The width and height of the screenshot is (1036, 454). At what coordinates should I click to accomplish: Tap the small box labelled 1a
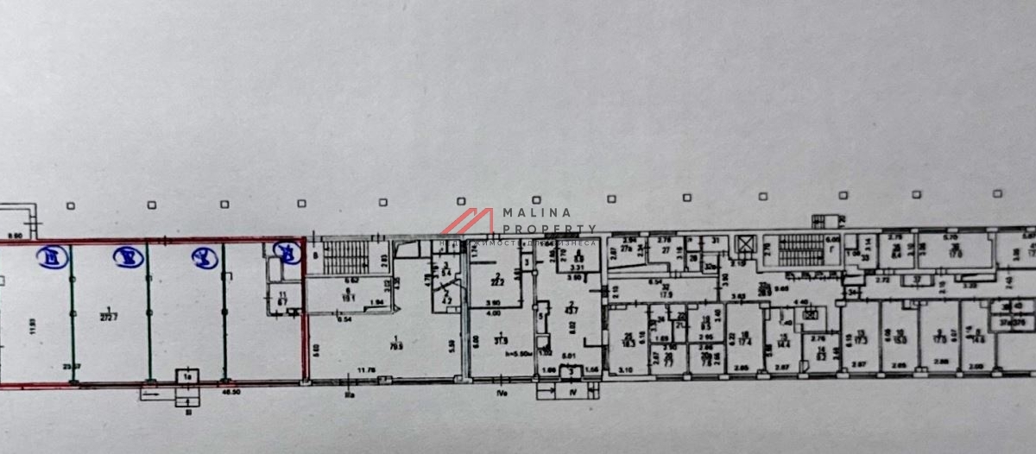pos(187,376)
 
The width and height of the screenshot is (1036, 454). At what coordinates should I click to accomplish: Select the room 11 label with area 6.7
pos(282,298)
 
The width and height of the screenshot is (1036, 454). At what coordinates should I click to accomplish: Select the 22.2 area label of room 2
pos(498,281)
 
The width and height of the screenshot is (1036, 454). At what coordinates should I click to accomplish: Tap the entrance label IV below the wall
pos(570,391)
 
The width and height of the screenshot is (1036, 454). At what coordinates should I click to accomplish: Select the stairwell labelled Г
pos(831,249)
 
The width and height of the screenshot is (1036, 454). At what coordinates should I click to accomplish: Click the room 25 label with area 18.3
pos(629,339)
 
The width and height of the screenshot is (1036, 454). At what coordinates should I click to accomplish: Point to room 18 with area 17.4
pos(744,338)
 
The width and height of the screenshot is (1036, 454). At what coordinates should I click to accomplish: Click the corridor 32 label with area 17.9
pos(666,291)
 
